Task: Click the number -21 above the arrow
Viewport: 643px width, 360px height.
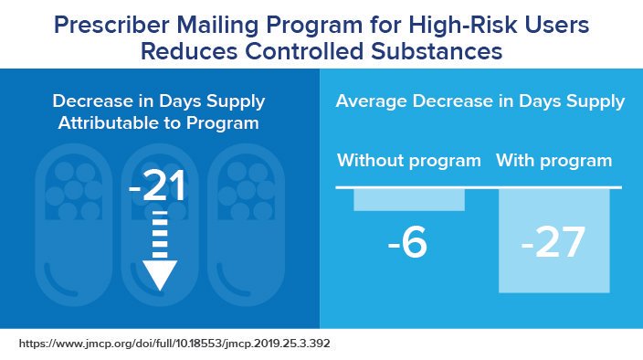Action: [158, 187]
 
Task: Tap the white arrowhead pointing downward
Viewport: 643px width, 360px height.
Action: [159, 274]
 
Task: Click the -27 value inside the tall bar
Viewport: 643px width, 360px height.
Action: [554, 244]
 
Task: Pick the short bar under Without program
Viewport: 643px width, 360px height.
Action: [409, 199]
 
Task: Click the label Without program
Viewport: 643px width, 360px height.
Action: [409, 162]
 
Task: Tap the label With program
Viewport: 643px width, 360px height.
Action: [554, 162]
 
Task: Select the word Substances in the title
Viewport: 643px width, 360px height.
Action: [448, 52]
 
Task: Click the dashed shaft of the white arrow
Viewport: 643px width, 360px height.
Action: [159, 233]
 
